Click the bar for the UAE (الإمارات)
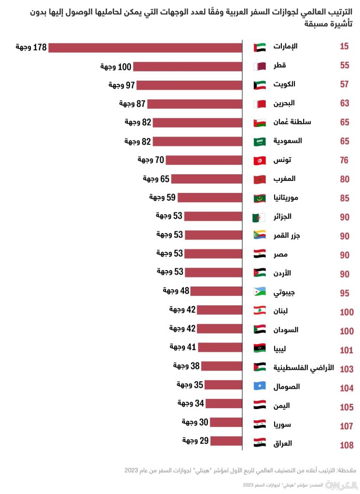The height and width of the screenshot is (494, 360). click(145, 47)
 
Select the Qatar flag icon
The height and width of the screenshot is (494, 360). click(260, 66)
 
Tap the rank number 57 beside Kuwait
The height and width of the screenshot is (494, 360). click(344, 84)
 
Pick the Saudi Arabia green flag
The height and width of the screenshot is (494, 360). click(260, 141)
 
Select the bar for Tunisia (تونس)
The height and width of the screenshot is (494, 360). click(204, 160)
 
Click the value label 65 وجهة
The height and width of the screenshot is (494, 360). click(156, 179)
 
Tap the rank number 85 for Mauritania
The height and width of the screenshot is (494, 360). click(344, 198)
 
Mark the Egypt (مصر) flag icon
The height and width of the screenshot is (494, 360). click(260, 254)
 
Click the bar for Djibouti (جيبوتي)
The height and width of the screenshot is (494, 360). click(216, 291)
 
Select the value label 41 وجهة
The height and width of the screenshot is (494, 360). click(183, 347)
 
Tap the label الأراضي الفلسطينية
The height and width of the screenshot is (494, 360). click(304, 368)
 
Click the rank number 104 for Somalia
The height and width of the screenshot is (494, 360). click(346, 388)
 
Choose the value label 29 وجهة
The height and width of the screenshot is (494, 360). click(195, 440)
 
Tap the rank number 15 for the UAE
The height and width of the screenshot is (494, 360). click(344, 47)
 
